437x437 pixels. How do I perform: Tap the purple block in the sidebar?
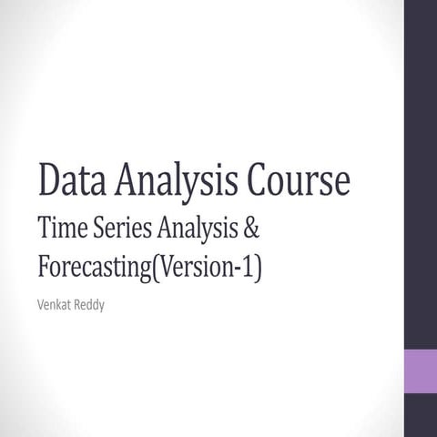[421, 371]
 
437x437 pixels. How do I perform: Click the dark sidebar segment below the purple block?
[421, 416]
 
